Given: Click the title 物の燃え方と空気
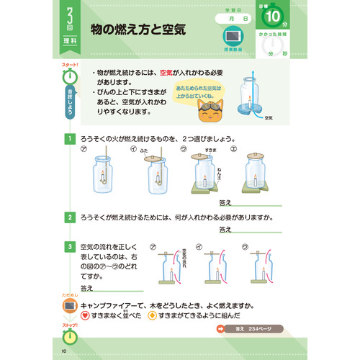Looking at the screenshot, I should click(143, 30).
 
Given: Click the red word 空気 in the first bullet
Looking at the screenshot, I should click(168, 73).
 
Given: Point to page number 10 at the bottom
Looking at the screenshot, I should click(64, 351).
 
